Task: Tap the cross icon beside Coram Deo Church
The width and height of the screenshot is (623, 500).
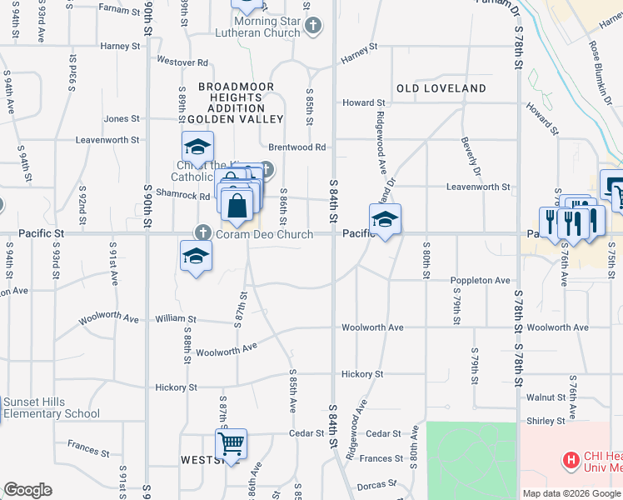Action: coord(202,233)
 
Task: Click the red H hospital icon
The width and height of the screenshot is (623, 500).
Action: coord(571,459)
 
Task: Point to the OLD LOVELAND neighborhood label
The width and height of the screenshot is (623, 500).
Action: coord(441,88)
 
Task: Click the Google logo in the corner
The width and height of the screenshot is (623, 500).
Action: coord(27,490)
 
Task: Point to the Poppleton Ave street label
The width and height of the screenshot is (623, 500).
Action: coord(481,281)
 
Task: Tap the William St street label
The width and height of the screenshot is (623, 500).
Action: coord(175,318)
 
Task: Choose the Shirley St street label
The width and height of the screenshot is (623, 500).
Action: coord(546,421)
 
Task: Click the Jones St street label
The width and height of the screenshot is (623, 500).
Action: coord(122,119)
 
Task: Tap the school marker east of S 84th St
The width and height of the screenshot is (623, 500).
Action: coord(385,219)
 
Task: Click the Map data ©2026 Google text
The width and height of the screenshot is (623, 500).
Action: coord(571,493)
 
